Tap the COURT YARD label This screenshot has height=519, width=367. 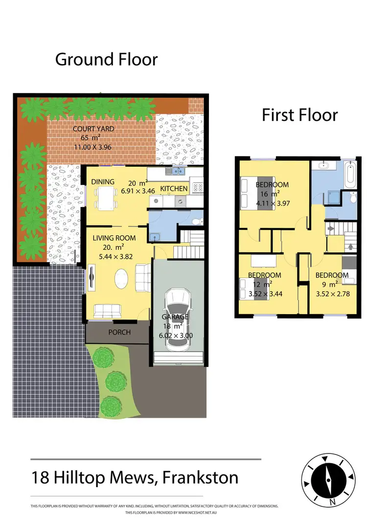(93, 129)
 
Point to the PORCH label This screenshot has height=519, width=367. (119, 332)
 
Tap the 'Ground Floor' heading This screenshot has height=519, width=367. (106, 59)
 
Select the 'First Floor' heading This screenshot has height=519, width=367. (299, 115)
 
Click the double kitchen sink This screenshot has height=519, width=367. (175, 171)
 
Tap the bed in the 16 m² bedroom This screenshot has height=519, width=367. (257, 193)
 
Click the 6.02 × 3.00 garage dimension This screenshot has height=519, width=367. (176, 336)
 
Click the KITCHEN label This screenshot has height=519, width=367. (174, 189)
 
